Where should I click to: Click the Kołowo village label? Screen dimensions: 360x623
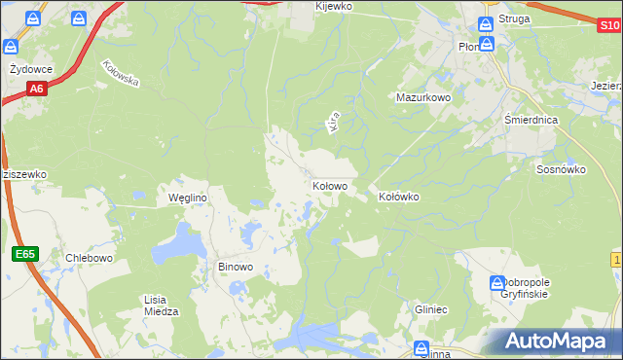point(330,185)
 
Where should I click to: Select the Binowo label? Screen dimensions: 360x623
point(236,266)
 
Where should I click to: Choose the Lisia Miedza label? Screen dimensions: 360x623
point(161,306)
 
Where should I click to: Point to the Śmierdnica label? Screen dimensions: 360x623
point(531,121)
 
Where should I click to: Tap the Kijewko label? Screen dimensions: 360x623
point(334,6)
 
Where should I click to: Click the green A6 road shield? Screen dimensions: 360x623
point(36,90)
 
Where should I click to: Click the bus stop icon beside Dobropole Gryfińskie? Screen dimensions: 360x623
point(495,282)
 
